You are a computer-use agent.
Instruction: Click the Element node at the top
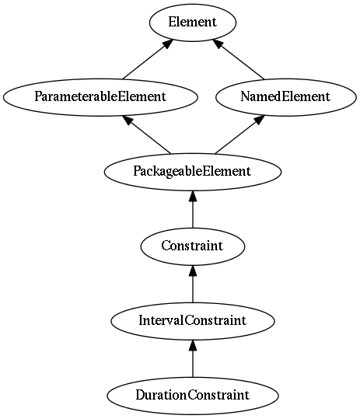(x=192, y=23)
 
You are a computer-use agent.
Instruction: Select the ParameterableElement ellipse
(x=100, y=97)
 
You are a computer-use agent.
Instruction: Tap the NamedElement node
(x=285, y=97)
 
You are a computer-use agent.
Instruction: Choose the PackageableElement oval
(x=192, y=172)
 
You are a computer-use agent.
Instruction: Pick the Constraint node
(x=192, y=246)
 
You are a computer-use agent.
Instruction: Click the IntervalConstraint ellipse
(x=192, y=321)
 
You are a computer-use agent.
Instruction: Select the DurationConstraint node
(x=192, y=396)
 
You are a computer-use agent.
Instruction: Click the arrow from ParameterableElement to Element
(x=148, y=59)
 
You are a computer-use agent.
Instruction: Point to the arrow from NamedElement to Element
(x=239, y=59)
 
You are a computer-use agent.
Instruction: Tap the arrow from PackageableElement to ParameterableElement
(x=147, y=134)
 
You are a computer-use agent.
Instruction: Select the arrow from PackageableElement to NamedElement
(x=239, y=134)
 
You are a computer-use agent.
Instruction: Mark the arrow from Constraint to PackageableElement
(x=193, y=210)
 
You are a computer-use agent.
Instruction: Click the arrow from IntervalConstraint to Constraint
(x=193, y=284)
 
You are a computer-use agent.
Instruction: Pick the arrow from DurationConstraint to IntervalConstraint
(x=193, y=358)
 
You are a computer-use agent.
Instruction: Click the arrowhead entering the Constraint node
(x=193, y=271)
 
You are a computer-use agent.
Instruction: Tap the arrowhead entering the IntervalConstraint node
(x=193, y=345)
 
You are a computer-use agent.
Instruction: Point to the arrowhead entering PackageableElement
(x=193, y=196)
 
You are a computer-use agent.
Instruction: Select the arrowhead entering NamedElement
(x=259, y=120)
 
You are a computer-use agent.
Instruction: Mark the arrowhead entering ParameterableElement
(x=128, y=120)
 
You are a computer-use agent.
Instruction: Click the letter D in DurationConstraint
(x=141, y=395)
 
